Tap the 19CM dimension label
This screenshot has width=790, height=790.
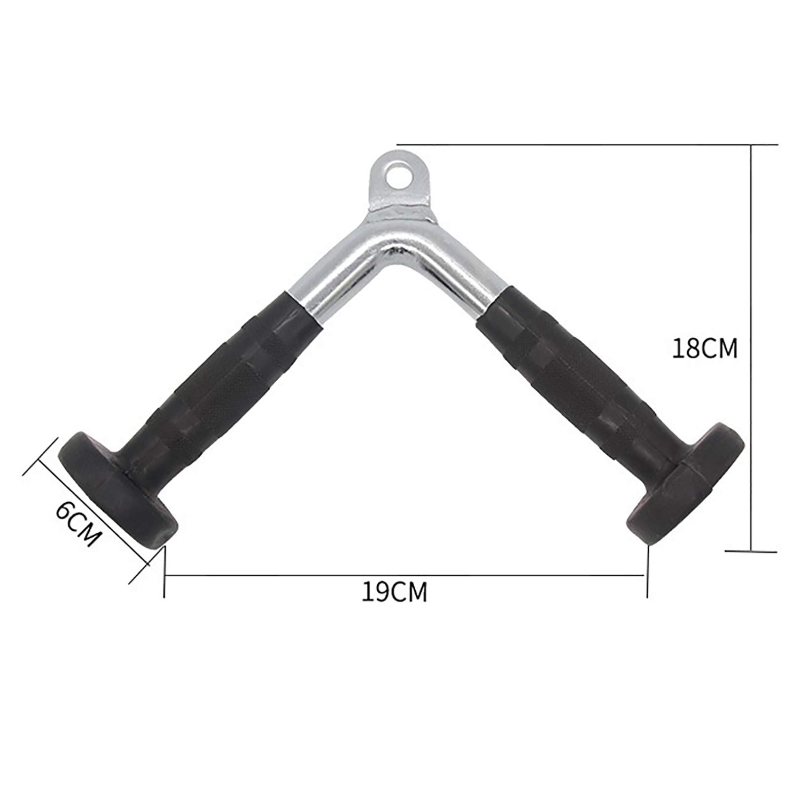[394, 592]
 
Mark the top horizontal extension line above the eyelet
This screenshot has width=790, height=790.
[568, 145]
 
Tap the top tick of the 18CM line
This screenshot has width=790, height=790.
[751, 145]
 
